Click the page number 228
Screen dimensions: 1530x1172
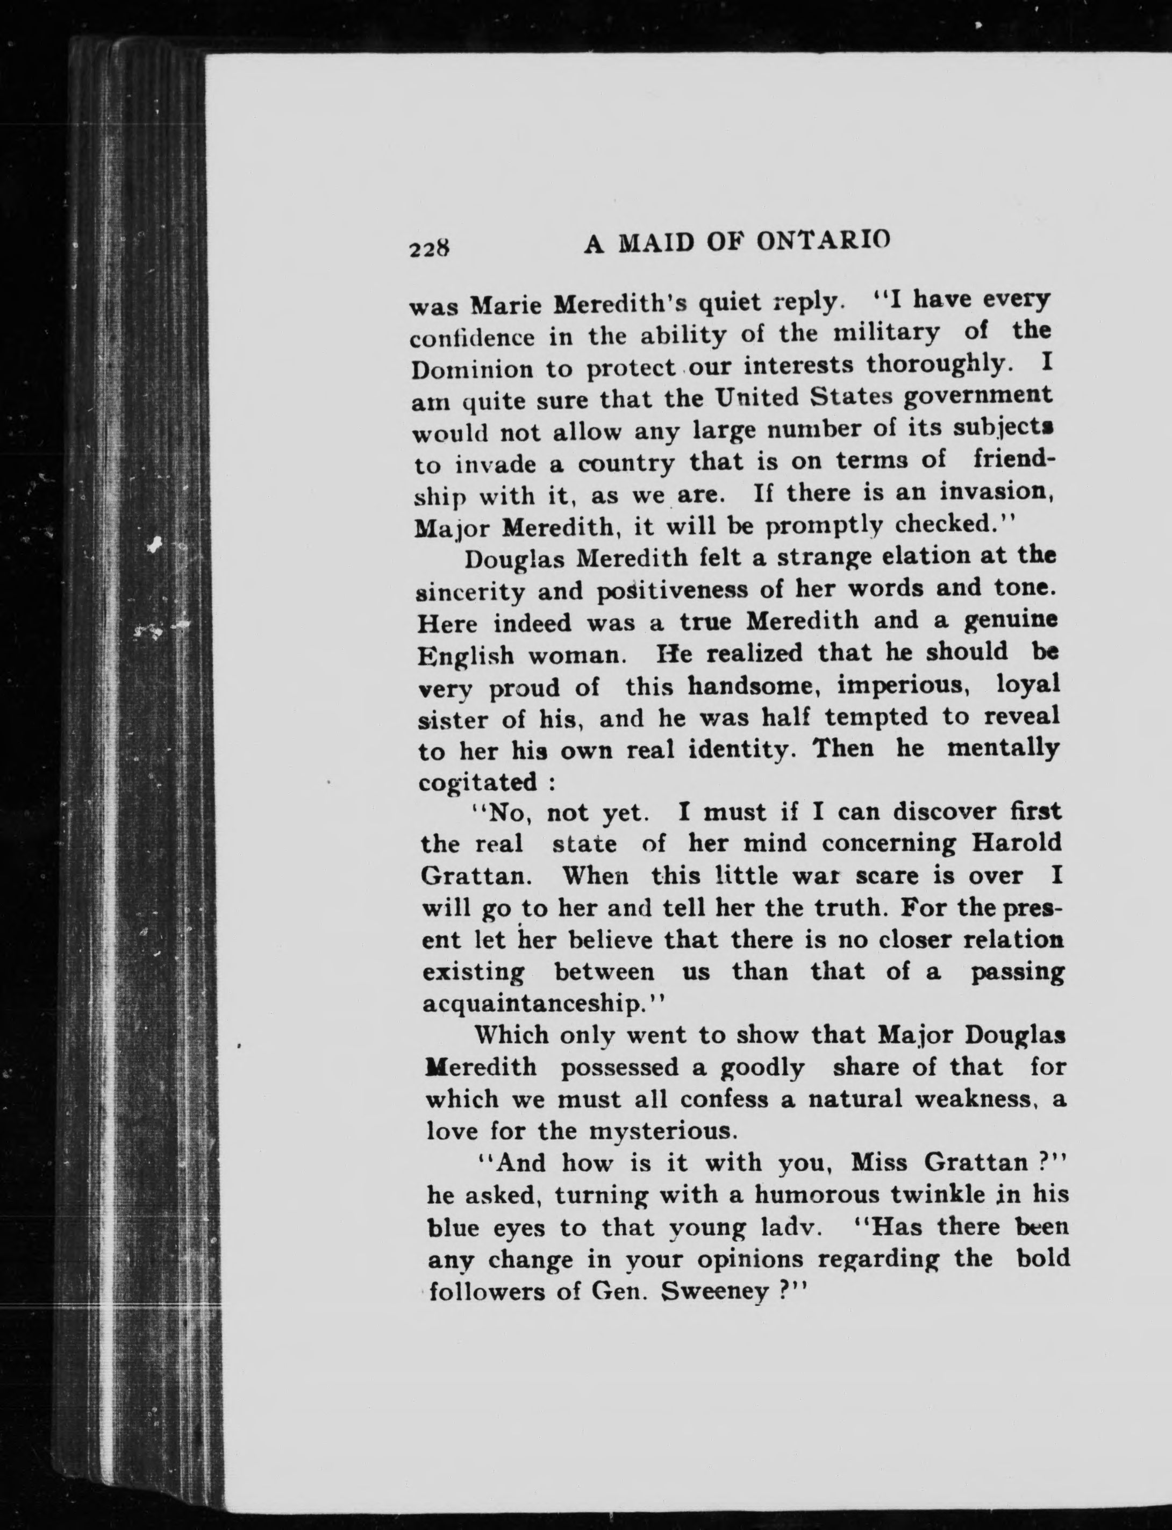coord(430,248)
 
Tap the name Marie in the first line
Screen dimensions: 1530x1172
coord(509,305)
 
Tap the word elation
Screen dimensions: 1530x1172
coord(891,557)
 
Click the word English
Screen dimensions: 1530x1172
coord(466,655)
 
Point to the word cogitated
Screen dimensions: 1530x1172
coord(478,782)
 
